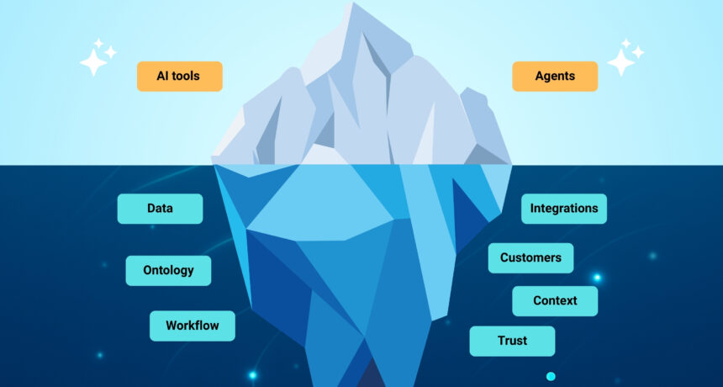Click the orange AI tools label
click(179, 77)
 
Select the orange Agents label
click(555, 77)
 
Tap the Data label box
click(160, 209)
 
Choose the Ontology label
click(168, 271)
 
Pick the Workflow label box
click(192, 326)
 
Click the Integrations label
click(564, 209)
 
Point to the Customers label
click(530, 258)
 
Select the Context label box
click(555, 301)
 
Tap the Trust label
click(512, 341)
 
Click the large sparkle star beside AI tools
click(92, 61)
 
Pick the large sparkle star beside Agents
click(620, 61)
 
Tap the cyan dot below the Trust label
click(551, 376)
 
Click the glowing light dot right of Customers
click(597, 278)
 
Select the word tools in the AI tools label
click(188, 77)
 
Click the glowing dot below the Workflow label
click(252, 374)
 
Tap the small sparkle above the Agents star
click(626, 42)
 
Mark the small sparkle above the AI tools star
click(98, 42)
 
